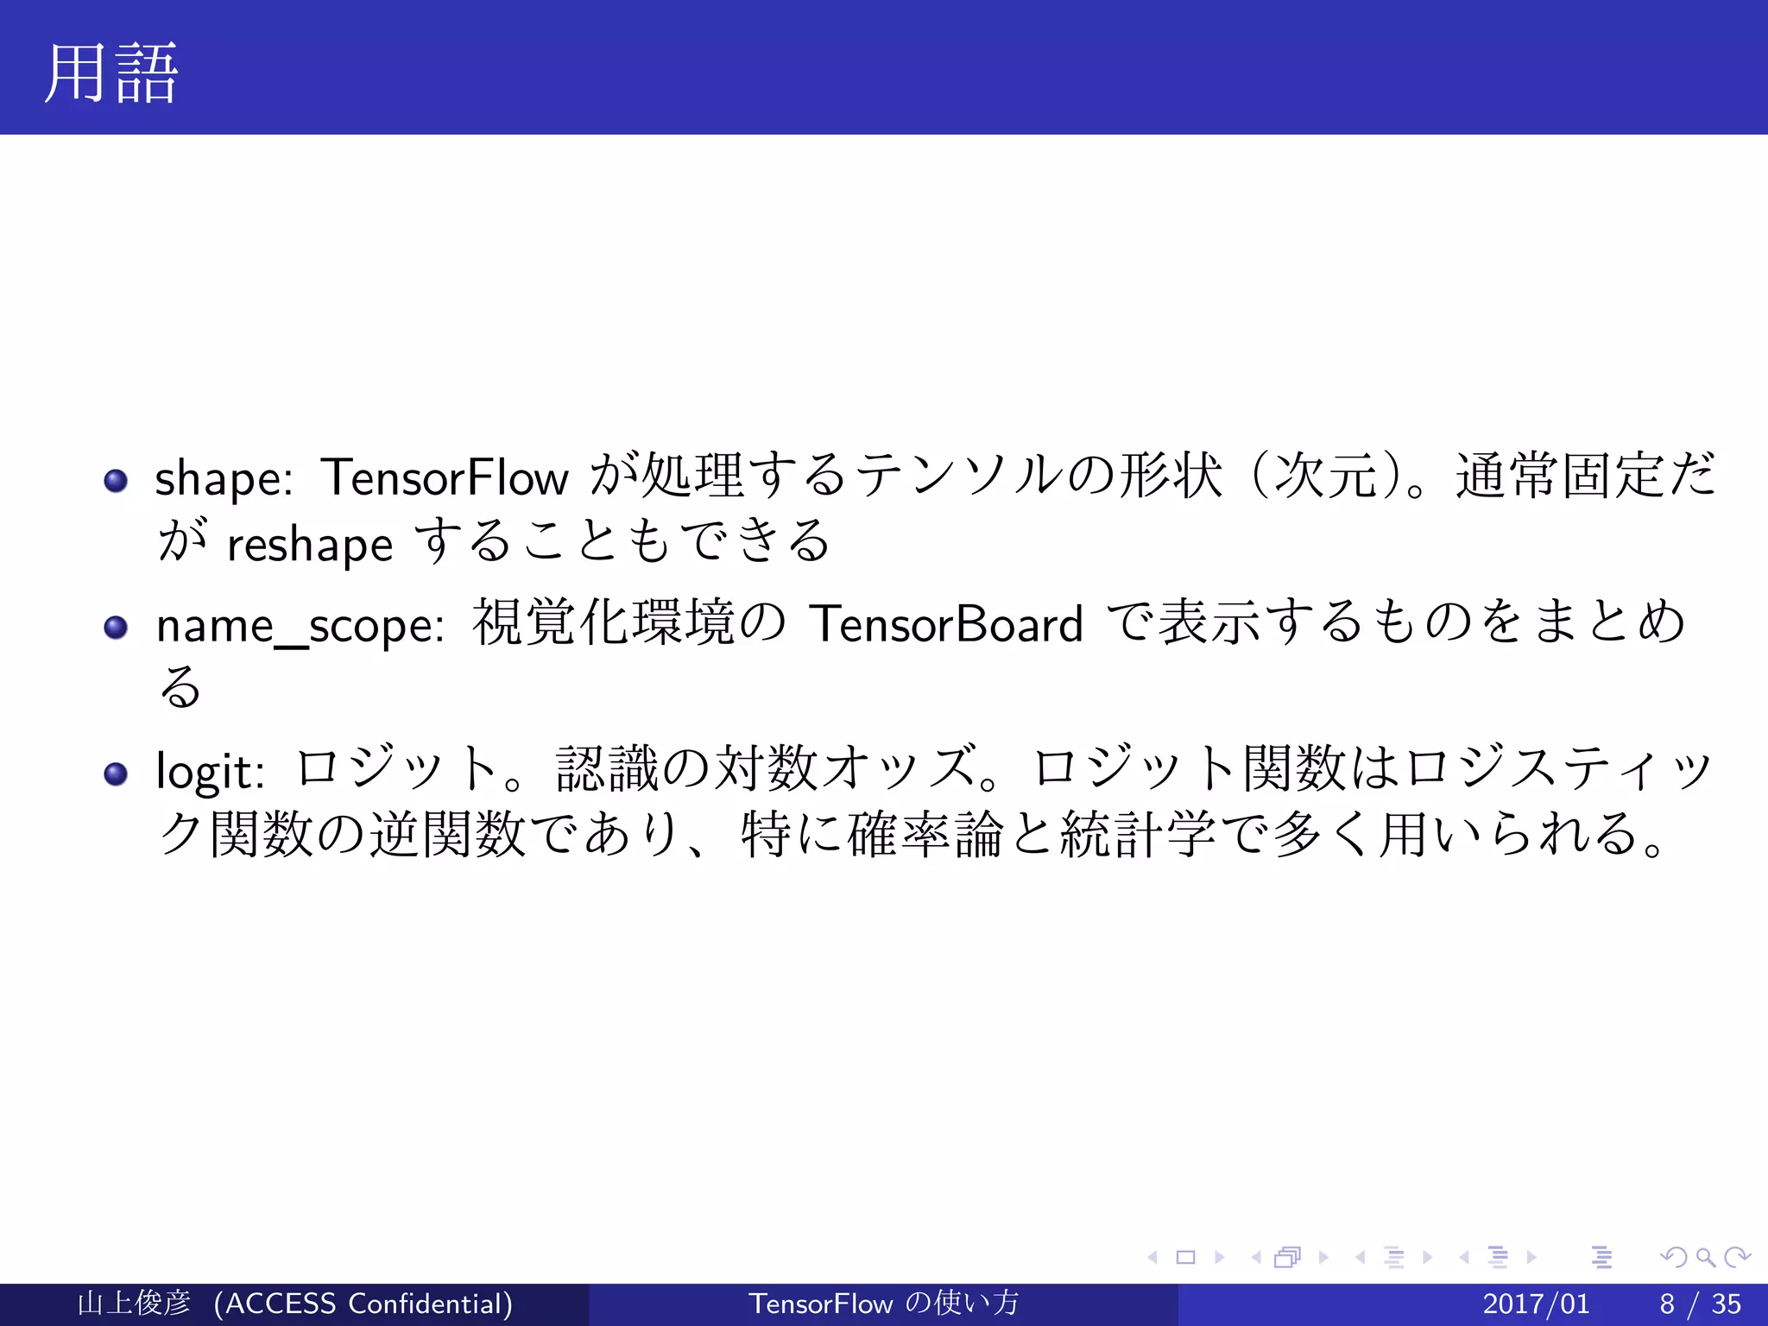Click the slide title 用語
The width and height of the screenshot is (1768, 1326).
pos(110,74)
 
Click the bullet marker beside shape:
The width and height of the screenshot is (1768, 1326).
pos(116,480)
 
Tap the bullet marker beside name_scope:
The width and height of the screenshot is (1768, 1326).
pos(116,627)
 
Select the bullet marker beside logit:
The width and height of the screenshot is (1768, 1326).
pos(116,773)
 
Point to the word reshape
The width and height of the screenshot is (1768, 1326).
pos(309,545)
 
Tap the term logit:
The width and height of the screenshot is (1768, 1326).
pos(210,771)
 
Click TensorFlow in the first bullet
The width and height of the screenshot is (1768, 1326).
pos(445,477)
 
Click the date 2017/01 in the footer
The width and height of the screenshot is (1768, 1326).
pos(1536,1304)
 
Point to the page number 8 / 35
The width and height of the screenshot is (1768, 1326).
pos(1700,1304)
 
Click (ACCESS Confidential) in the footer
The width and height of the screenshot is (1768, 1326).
pos(363,1304)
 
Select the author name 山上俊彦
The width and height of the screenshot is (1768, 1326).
pos(134,1304)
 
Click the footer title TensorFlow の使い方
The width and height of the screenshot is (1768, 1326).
pos(883,1304)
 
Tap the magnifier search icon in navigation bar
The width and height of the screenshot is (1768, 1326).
pos(1705,1258)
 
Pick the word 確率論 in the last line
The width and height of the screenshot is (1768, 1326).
pos(926,835)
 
